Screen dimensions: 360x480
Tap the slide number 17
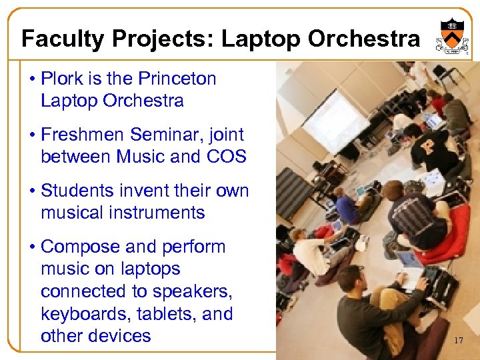458,341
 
